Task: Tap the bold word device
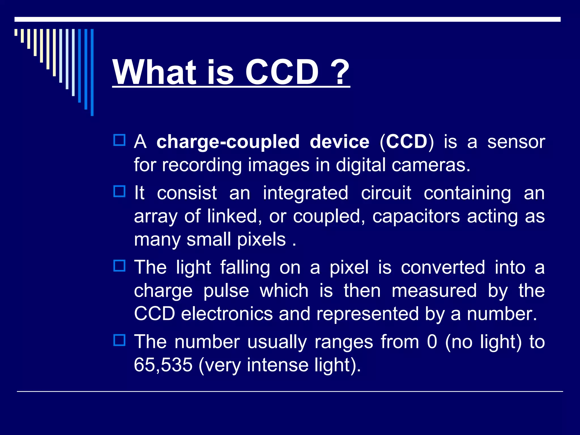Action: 339,142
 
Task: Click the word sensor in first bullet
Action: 516,142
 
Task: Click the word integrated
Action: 305,193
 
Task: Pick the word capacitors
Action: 416,216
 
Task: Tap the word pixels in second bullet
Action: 261,240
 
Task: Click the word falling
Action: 245,268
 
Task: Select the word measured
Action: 434,291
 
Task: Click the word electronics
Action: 227,314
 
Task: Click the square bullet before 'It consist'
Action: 119,191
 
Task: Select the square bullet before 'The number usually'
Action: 119,340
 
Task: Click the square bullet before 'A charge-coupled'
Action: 119,140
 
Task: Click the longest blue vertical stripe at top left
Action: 92,72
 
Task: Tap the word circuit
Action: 386,193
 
